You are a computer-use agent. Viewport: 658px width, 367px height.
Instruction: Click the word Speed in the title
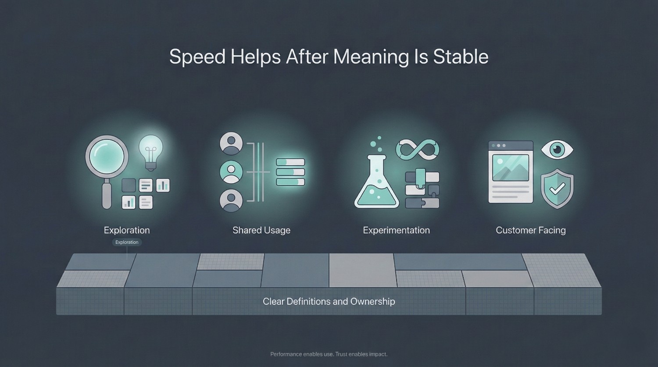pos(197,57)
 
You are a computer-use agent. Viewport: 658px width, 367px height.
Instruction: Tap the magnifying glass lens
pos(107,157)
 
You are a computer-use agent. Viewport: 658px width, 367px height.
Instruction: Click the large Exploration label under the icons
pos(127,230)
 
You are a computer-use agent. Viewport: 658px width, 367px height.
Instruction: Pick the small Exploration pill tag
pos(127,242)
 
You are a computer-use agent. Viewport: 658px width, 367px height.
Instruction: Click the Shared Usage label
pos(261,230)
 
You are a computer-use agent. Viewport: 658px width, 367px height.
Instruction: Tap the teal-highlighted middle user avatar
pos(231,172)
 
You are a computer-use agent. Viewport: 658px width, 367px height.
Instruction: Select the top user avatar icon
pos(231,143)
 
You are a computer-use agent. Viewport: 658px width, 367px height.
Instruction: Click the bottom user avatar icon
pos(231,200)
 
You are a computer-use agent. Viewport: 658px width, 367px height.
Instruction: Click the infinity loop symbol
pos(418,150)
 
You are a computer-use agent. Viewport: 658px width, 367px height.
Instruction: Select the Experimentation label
pos(396,230)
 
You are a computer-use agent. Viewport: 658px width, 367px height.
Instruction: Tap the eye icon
pos(557,150)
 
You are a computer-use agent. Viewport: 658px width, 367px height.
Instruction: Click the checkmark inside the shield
pos(557,189)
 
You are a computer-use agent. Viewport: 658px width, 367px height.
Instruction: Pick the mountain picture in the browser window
pos(511,168)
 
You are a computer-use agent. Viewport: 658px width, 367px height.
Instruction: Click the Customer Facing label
pos(531,230)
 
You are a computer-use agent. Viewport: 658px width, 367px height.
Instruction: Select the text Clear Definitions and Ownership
pos(329,302)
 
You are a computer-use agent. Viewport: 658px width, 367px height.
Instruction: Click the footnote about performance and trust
pos(329,354)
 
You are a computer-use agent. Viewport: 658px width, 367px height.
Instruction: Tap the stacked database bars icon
pos(290,172)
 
